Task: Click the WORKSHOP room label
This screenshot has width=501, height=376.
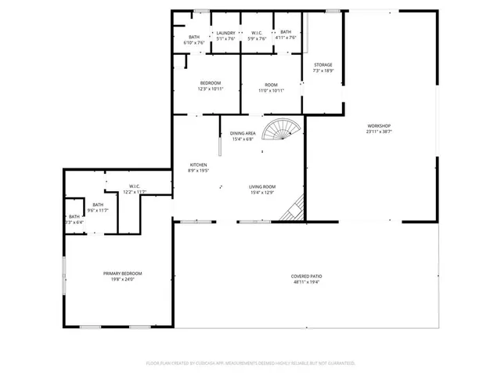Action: tap(379, 126)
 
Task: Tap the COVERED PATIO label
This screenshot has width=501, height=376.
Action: tap(306, 277)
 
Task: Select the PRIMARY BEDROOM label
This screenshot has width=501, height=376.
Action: tap(122, 273)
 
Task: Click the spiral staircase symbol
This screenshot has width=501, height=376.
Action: tap(279, 131)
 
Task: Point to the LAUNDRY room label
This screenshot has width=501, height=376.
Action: tap(226, 32)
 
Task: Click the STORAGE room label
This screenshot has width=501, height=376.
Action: tap(323, 65)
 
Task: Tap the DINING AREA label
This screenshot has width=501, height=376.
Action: tap(243, 134)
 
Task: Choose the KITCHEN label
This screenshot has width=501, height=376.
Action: tap(197, 164)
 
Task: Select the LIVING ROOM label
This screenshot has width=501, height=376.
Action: tap(261, 186)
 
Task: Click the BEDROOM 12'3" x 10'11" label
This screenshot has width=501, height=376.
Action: tap(210, 83)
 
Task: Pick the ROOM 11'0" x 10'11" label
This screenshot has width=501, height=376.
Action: tap(271, 85)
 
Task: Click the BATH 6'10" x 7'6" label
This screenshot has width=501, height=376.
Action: tap(193, 36)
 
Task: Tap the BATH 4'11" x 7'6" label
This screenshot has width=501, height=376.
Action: tap(286, 32)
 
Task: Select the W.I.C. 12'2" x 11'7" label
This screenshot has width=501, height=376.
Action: tap(134, 187)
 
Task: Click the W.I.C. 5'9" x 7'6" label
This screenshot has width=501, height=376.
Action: tap(257, 32)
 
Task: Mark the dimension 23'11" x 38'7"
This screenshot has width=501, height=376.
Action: tap(379, 132)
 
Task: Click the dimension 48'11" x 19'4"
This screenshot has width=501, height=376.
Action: tap(306, 282)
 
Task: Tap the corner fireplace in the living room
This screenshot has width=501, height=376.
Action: tap(295, 208)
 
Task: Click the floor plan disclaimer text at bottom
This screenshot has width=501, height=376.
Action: tap(250, 363)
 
